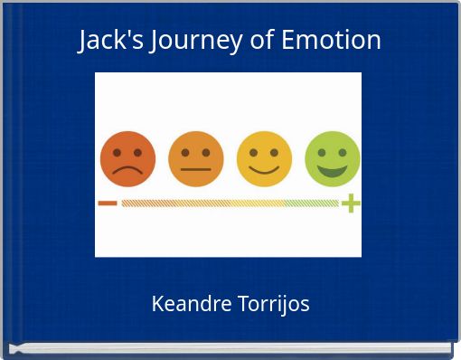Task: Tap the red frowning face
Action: tap(127, 159)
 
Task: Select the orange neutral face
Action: tap(195, 159)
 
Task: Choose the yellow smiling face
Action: tap(264, 159)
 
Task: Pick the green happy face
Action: tap(333, 159)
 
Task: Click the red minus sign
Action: tap(108, 204)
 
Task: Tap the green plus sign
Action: tap(351, 204)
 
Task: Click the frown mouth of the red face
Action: tap(127, 170)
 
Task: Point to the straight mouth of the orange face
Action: tap(195, 169)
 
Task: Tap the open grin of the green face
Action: tap(333, 170)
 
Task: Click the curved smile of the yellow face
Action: tap(264, 169)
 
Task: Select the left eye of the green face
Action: tap(323, 151)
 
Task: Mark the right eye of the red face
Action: tap(137, 152)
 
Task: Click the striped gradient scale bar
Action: tap(230, 204)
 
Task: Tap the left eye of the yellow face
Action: tap(254, 152)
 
